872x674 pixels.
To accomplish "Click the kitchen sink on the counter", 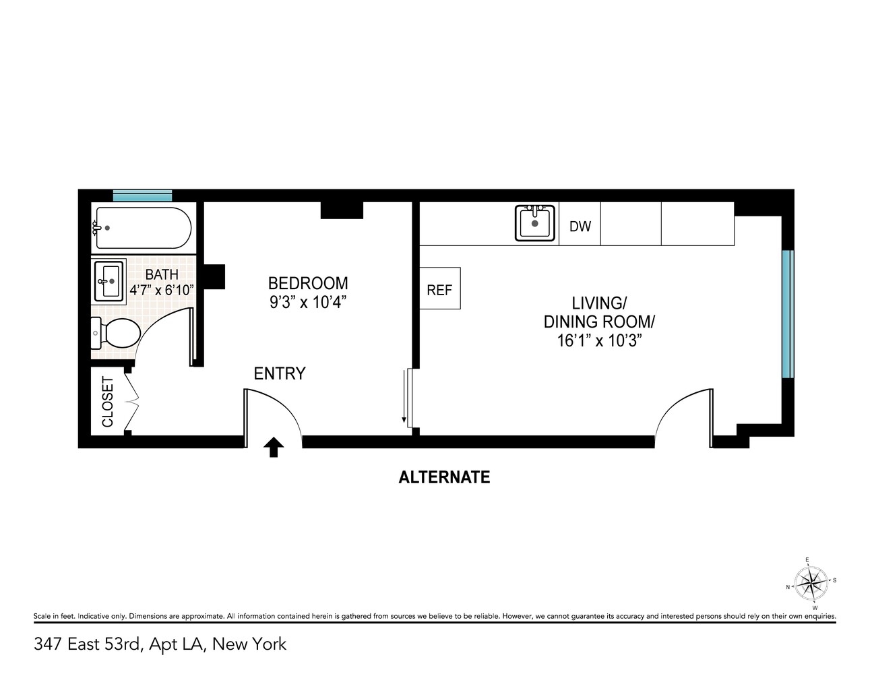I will coord(535,223).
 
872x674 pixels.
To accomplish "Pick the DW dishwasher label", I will coord(580,226).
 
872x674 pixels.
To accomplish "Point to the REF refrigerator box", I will coord(439,290).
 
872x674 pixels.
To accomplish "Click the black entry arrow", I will coord(273,448).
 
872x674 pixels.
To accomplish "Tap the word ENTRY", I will coord(279,373).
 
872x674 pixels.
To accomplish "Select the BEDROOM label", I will coord(308,283).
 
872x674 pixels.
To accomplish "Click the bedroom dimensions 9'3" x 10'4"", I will coord(308,303).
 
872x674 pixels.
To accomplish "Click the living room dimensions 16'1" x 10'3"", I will coord(598,341).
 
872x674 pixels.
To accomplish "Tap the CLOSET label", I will coord(108,402).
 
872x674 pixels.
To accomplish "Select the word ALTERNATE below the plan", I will coord(444,477).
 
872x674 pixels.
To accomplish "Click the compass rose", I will coord(811,581).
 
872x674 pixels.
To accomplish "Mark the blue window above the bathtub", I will coord(142,196).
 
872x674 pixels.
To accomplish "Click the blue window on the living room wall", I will coord(787,314).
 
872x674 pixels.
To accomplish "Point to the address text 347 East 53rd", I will coord(88,644).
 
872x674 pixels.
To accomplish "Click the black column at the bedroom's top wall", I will coord(342,210).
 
